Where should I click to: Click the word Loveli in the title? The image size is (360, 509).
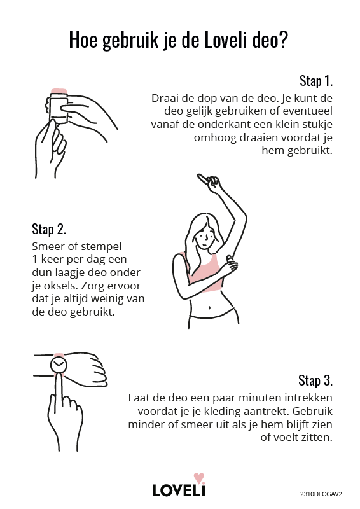pyautogui.click(x=226, y=40)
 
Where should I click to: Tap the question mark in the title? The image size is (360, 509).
pyautogui.click(x=284, y=40)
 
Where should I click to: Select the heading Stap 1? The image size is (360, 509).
pyautogui.click(x=316, y=81)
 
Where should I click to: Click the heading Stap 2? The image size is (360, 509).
pyautogui.click(x=49, y=229)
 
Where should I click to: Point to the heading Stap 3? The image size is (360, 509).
pyautogui.click(x=315, y=380)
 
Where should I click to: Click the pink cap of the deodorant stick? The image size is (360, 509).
pyautogui.click(x=59, y=91)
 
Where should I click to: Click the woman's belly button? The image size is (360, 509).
pyautogui.click(x=210, y=307)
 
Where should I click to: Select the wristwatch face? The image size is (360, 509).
pyautogui.click(x=59, y=365)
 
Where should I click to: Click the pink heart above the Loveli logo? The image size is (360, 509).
pyautogui.click(x=198, y=478)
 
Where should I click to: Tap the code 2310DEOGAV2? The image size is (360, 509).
pyautogui.click(x=321, y=494)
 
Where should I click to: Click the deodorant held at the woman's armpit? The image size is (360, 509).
pyautogui.click(x=230, y=261)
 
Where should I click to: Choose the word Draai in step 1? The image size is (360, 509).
pyautogui.click(x=163, y=98)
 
